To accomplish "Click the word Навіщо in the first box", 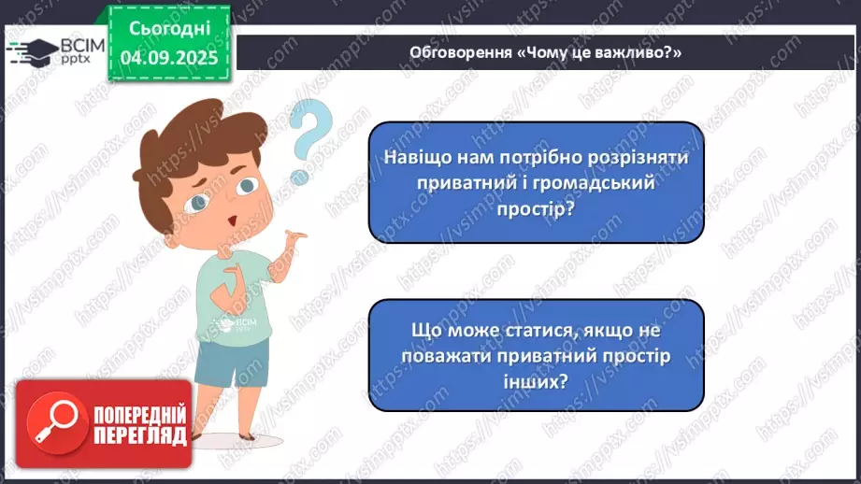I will tap(416, 158).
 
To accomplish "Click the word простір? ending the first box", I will tap(536, 211).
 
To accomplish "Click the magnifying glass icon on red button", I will tap(52, 424).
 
